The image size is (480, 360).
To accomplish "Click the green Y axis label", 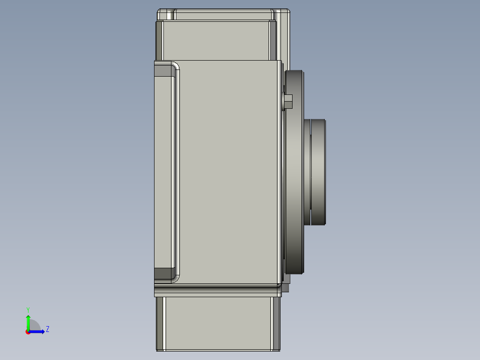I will coord(28,309).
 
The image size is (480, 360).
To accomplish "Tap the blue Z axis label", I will coord(47,329).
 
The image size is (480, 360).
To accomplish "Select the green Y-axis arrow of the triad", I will coord(28,322).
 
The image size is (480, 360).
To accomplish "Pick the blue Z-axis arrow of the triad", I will coord(38,331).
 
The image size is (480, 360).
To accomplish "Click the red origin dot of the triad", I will coord(28,332).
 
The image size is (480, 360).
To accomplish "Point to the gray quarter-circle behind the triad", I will coord(35,326).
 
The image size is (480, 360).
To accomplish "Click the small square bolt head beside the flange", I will coord(288,102).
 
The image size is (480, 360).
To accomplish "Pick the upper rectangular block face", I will coord(216,40).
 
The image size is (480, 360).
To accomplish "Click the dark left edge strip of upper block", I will coord(159,40).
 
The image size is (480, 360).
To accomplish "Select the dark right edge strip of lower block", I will coord(276,323).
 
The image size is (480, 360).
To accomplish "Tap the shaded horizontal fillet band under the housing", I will coord(218,290).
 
